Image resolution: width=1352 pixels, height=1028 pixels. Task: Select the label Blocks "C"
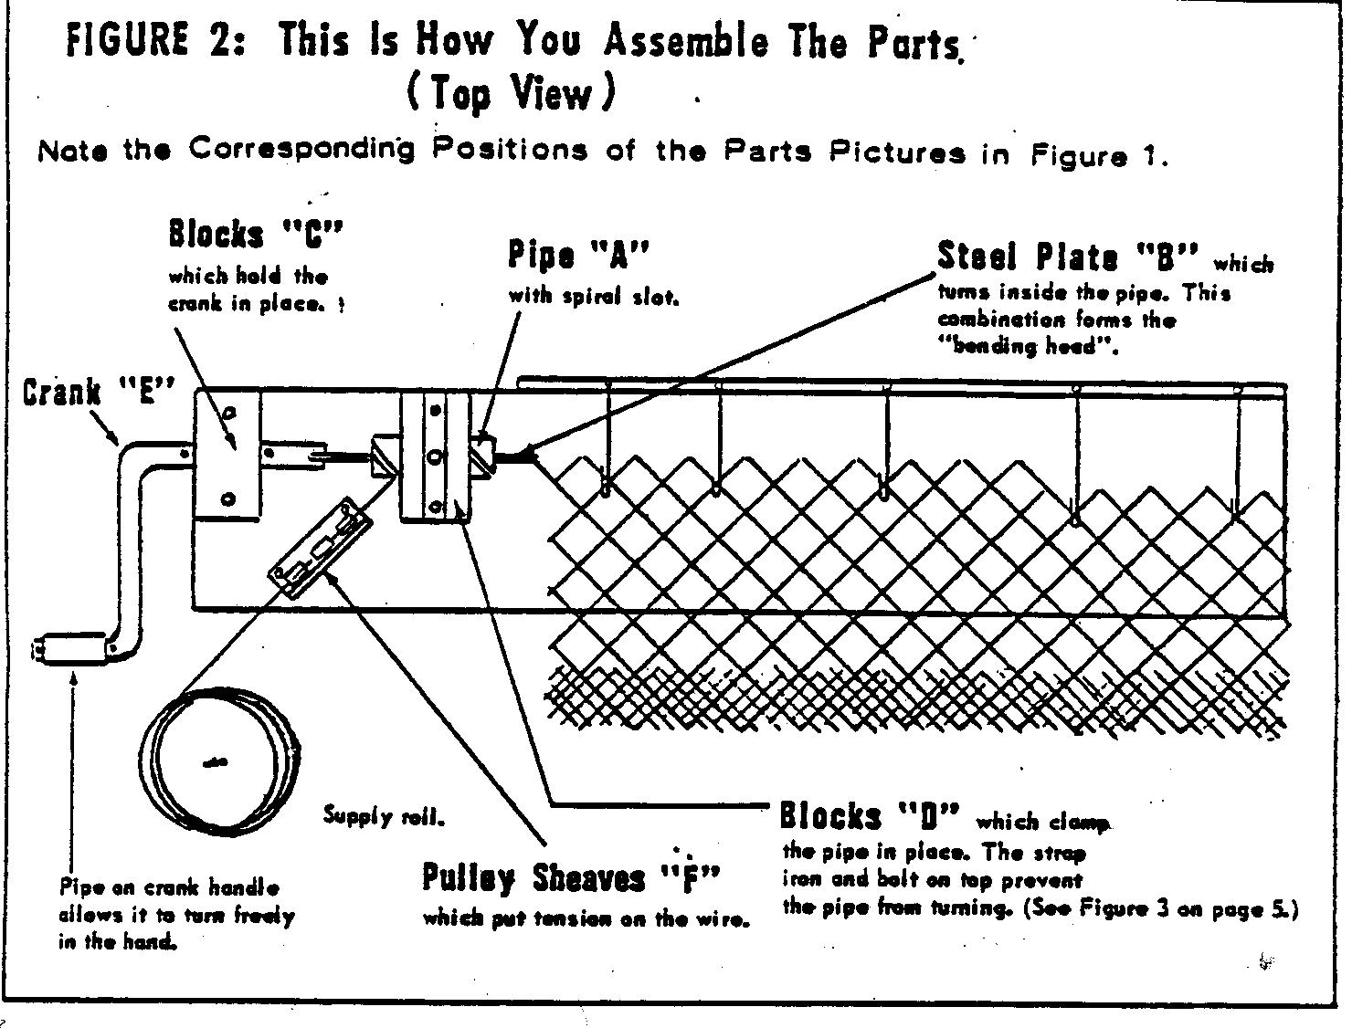coord(255,235)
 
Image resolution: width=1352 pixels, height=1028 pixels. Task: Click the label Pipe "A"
coord(577,256)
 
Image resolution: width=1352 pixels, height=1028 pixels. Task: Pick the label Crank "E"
coord(99,393)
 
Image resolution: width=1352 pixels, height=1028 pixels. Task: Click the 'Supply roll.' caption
coord(384,817)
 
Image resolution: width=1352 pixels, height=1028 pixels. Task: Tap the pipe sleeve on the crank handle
coord(74,650)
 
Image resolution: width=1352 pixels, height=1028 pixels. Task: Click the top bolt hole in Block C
coord(230,413)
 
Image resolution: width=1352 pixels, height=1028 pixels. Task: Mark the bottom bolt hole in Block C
coord(228,498)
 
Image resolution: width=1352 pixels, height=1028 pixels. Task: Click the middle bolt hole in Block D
coord(436,456)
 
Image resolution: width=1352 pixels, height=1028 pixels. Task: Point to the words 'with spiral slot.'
coord(594,296)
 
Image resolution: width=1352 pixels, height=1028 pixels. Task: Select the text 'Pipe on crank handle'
coord(169,886)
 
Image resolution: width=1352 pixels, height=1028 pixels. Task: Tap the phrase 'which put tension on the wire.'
coord(586,919)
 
